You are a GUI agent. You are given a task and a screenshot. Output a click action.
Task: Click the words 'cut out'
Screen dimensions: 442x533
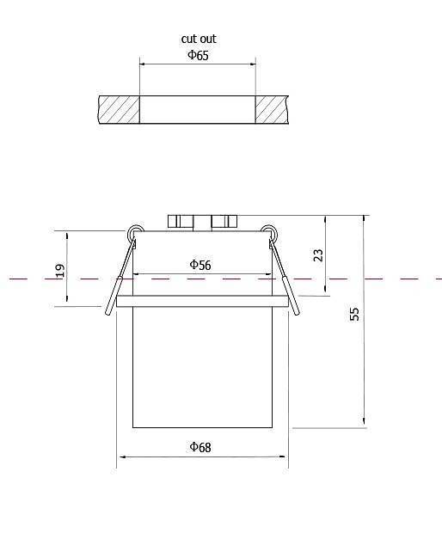(x=199, y=39)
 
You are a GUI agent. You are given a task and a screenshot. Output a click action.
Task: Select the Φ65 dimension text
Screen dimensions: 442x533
(x=199, y=55)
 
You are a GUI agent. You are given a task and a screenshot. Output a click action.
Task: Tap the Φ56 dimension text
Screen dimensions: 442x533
(x=200, y=265)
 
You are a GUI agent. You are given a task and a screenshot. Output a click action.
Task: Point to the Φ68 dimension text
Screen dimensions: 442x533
(x=200, y=447)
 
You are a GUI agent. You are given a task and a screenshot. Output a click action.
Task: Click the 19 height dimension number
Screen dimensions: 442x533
(x=60, y=271)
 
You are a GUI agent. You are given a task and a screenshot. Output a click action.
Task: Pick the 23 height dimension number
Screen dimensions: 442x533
(x=318, y=255)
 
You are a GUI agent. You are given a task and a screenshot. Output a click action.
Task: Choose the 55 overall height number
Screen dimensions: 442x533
(x=354, y=314)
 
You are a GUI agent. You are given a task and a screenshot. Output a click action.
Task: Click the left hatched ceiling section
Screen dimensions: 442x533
(x=119, y=109)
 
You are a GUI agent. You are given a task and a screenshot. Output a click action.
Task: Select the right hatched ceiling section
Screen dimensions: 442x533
(x=272, y=109)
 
